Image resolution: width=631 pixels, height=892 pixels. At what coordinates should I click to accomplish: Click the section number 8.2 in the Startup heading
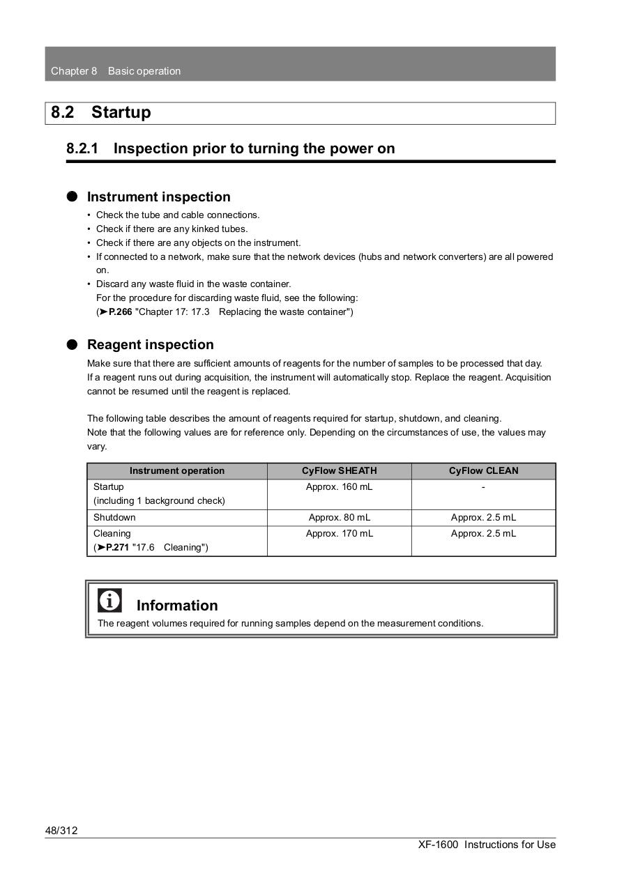62,113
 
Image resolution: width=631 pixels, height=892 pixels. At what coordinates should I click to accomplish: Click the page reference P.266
120,312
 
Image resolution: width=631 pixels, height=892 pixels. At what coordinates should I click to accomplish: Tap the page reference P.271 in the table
117,548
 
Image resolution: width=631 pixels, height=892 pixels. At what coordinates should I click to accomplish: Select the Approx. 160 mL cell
339,487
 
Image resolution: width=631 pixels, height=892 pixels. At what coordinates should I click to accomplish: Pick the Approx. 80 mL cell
339,518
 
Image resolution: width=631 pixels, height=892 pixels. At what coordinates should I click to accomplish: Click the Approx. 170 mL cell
339,534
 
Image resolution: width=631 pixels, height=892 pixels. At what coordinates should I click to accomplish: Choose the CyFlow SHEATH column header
339,471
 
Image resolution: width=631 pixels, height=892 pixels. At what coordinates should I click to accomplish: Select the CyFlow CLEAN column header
483,471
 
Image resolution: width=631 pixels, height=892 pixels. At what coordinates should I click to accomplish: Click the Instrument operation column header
177,471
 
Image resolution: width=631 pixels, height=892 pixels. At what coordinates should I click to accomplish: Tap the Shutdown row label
114,518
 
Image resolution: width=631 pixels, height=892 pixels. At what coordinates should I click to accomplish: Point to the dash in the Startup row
483,487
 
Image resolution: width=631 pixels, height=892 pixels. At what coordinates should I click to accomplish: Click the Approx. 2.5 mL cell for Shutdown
483,518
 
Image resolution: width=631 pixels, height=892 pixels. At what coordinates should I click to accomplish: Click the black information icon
109,600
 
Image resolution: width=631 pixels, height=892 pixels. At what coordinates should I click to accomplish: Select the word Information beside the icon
177,606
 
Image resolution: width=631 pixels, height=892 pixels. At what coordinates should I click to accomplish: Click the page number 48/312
61,831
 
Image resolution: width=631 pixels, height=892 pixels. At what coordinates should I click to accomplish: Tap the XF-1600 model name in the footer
438,845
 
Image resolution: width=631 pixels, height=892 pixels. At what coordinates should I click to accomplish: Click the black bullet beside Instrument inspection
73,197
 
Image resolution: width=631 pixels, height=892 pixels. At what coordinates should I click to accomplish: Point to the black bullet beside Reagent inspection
73,345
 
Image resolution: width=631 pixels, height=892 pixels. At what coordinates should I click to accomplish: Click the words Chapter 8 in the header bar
74,71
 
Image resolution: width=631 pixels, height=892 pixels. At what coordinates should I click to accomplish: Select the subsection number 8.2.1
82,148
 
